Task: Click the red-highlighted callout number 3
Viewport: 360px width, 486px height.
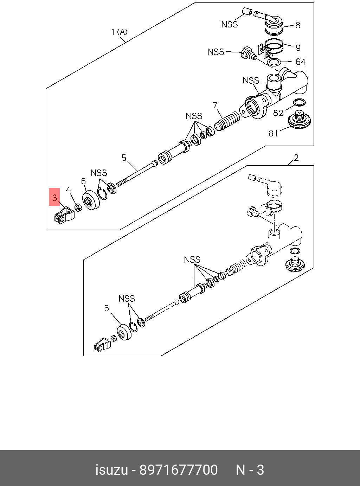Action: (x=54, y=198)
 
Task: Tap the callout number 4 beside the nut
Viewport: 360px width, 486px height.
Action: (x=68, y=190)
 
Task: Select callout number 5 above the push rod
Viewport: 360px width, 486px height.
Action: (x=124, y=158)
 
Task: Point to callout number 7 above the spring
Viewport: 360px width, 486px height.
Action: (x=215, y=105)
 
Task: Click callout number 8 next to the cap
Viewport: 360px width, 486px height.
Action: (x=298, y=25)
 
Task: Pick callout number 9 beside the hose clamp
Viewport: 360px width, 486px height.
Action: (x=298, y=47)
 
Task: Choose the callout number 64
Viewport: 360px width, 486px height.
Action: (x=301, y=62)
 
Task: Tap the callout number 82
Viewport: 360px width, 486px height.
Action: (x=278, y=113)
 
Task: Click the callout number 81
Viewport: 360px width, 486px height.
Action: (x=274, y=133)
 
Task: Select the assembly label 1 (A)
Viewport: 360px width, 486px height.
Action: (x=119, y=32)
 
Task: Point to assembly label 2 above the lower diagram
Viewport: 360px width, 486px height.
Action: (x=296, y=158)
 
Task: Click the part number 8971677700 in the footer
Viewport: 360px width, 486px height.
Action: (x=179, y=470)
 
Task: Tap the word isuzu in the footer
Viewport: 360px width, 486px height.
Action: (x=111, y=470)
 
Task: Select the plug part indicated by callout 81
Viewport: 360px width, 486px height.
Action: (x=300, y=121)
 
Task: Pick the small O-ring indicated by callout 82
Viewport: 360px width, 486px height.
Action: (x=299, y=102)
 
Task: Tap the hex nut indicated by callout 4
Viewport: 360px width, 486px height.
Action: (x=79, y=207)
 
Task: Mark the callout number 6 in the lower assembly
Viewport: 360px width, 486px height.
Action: (x=107, y=308)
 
